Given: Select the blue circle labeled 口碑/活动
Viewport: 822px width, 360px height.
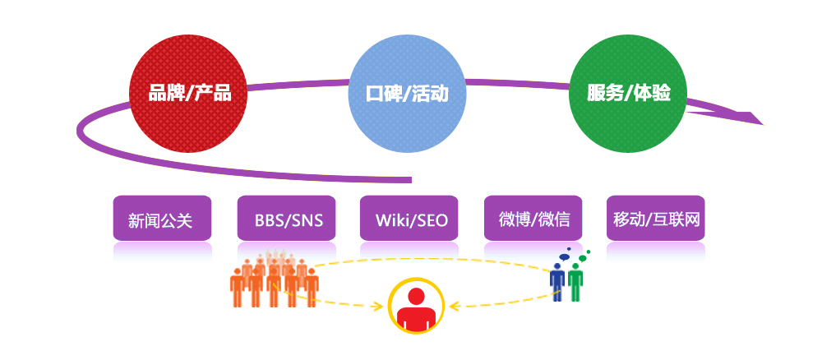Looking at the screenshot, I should click(x=407, y=93).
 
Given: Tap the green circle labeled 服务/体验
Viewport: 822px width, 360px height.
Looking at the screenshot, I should click(x=628, y=93).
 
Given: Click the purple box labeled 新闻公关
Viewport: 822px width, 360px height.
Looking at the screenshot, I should click(x=162, y=219).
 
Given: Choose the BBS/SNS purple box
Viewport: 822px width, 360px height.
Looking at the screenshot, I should click(x=286, y=219).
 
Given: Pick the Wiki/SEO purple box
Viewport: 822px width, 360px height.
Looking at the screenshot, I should click(x=409, y=219).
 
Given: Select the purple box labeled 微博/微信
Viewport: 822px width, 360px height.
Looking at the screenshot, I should click(x=533, y=219).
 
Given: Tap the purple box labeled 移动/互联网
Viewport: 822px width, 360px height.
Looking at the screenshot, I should click(x=656, y=219).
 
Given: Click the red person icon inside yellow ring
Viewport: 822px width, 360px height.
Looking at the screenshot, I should click(x=417, y=307).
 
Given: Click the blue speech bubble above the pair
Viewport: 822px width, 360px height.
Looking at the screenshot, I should click(x=564, y=256).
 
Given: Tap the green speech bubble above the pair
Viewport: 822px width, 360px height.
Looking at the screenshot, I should click(x=582, y=258).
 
